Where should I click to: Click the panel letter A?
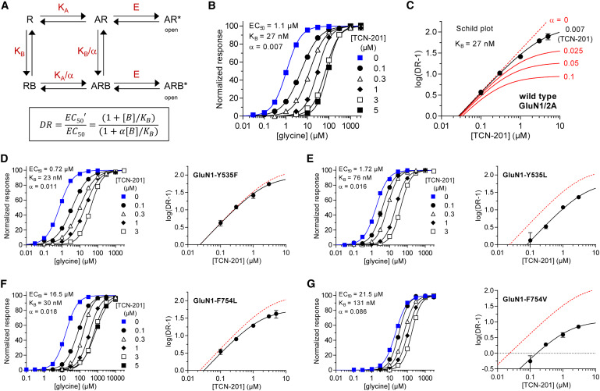coord(7,8)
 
